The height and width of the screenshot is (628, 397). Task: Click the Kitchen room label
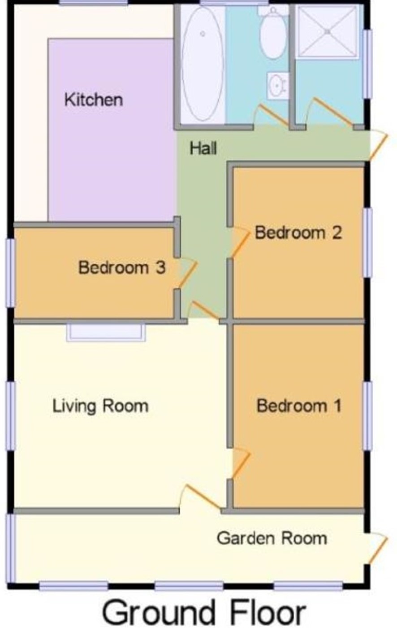[x=94, y=100]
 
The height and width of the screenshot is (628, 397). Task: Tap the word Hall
[x=203, y=148]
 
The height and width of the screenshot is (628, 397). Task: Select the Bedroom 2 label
[x=298, y=233]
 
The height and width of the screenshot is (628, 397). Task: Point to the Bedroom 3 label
[x=122, y=267]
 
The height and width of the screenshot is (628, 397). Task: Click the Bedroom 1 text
[x=299, y=406]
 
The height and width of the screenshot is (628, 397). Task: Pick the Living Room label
[x=100, y=406]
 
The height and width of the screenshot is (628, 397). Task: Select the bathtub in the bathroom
[x=203, y=64]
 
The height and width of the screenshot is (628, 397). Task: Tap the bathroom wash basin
[x=277, y=85]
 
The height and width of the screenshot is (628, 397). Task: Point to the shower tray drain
[x=328, y=32]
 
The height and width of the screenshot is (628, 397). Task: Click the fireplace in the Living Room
[x=106, y=332]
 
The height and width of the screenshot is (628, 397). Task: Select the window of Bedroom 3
[x=10, y=273]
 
